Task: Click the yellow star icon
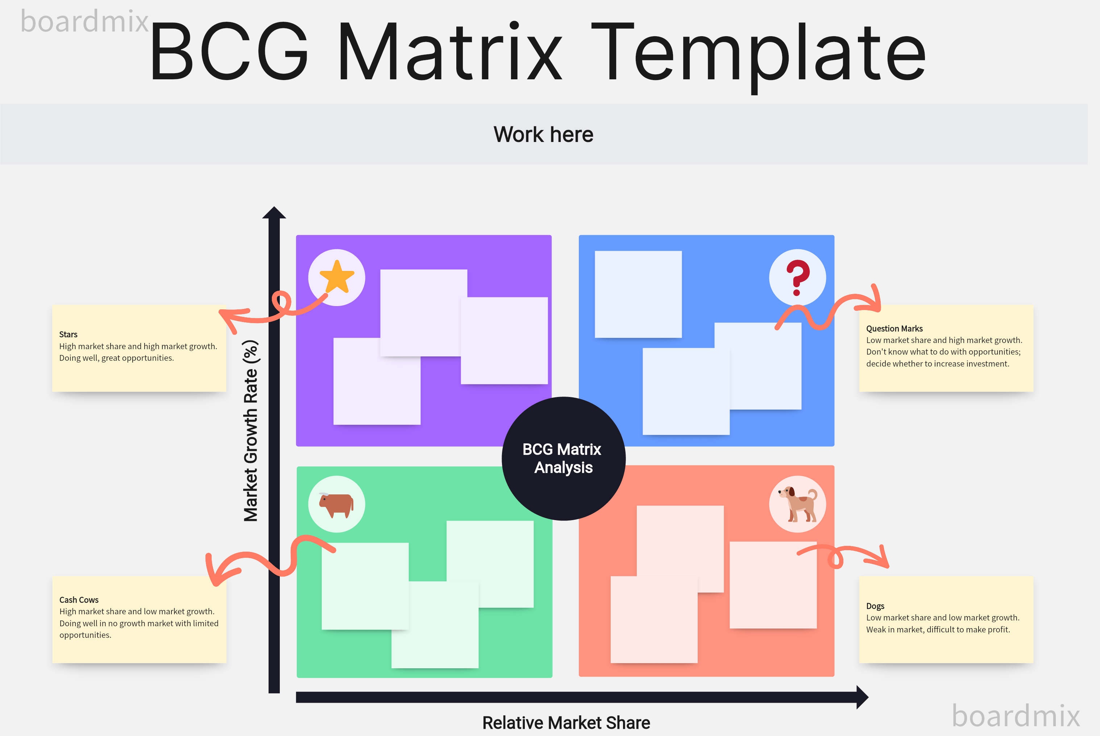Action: [337, 277]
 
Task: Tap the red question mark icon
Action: [797, 277]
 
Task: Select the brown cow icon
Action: [336, 505]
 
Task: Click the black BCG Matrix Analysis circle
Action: [563, 458]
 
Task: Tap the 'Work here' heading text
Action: [543, 135]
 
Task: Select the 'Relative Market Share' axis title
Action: [566, 723]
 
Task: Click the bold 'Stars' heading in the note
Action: [68, 335]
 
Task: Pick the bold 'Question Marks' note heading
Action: [894, 329]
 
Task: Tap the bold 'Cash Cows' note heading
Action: [79, 600]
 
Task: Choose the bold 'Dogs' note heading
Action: [875, 606]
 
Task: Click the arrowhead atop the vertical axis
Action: [274, 213]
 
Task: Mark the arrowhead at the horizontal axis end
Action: [862, 697]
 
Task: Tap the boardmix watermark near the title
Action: [84, 22]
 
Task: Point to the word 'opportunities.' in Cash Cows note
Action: [85, 635]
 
